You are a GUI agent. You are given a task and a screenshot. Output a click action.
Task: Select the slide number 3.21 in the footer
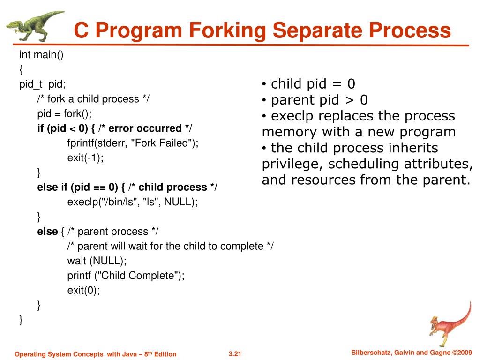pyautogui.click(x=234, y=354)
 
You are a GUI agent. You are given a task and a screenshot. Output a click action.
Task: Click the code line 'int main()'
pyautogui.click(x=41, y=55)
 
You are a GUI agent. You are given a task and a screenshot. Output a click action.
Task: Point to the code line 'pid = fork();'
pyautogui.click(x=65, y=113)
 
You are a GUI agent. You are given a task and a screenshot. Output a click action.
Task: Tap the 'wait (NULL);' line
pyautogui.click(x=97, y=261)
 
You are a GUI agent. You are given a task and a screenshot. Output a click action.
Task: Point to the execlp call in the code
pyautogui.click(x=133, y=202)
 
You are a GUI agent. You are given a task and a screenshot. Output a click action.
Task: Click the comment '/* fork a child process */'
pyautogui.click(x=93, y=99)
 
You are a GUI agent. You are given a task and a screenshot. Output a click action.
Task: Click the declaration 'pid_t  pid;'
pyautogui.click(x=43, y=84)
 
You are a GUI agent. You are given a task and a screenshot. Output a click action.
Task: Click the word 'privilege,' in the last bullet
pyautogui.click(x=292, y=164)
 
